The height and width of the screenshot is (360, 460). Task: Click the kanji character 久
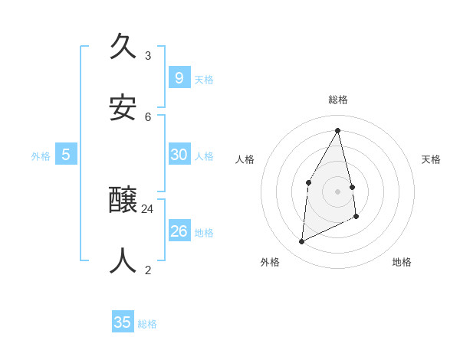[x=123, y=47]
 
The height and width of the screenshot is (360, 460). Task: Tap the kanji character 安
[x=123, y=108]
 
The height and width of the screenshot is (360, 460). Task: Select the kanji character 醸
[x=123, y=201]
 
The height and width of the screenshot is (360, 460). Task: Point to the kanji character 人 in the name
[x=123, y=261]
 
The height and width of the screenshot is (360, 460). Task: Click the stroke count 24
[x=148, y=208]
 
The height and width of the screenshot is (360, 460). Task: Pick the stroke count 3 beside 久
[x=148, y=56]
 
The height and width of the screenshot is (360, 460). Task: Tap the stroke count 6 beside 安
[x=148, y=116]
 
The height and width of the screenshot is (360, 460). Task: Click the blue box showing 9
[x=179, y=77]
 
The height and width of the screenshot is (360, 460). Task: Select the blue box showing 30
[x=179, y=154]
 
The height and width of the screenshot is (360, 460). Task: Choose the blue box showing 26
[x=179, y=231]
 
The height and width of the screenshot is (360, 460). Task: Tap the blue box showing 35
[x=123, y=322]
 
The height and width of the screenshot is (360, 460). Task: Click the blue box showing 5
[x=66, y=154]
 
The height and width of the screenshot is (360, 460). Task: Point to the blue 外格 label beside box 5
[x=41, y=156]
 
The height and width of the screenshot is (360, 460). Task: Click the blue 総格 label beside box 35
[x=147, y=324]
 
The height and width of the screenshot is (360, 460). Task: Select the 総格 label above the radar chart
[x=338, y=100]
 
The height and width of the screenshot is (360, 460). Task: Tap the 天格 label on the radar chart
[x=432, y=159]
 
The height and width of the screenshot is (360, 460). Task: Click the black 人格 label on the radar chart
[x=245, y=159]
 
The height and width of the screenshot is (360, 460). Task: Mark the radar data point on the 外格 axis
[x=301, y=242]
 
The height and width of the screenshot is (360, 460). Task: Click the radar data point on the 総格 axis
[x=338, y=130]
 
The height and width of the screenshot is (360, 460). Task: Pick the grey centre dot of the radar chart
[x=338, y=191]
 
